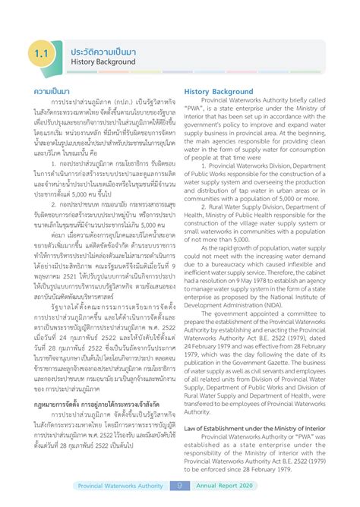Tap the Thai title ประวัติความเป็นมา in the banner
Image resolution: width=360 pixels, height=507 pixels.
[x=103, y=49]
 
